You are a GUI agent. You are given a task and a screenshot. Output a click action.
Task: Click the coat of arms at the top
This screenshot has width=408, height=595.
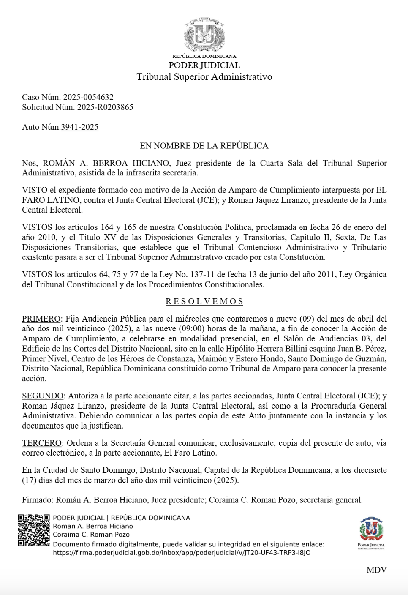[204, 35]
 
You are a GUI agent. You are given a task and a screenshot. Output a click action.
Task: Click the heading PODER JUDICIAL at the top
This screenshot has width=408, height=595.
[204, 66]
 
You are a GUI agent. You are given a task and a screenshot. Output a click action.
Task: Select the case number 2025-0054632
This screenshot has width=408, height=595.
[88, 97]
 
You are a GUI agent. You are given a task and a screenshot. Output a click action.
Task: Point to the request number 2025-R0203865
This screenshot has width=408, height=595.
[105, 107]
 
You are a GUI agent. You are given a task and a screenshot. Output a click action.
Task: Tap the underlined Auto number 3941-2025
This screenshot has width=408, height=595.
[80, 127]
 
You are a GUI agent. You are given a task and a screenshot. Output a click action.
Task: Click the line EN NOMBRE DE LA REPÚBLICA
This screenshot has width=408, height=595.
[204, 146]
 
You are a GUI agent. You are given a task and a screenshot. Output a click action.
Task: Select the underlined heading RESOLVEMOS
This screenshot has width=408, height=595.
[204, 302]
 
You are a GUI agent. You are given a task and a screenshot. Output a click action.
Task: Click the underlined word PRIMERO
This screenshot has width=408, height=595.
[41, 319]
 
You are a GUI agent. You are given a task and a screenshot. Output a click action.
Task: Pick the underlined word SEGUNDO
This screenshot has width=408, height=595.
[42, 396]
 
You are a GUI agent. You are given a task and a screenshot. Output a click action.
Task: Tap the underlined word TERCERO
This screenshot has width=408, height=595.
[41, 443]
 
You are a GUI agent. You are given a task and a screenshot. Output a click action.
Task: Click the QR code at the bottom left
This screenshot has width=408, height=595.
[34, 530]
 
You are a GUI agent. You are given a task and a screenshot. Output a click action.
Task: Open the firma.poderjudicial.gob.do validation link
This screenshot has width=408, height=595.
[182, 553]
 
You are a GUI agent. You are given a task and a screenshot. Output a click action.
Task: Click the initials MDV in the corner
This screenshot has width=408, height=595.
[376, 570]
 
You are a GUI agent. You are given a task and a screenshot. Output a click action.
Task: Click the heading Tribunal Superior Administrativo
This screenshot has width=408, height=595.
[204, 77]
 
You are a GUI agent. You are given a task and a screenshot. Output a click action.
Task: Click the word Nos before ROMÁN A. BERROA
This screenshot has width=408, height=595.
[29, 163]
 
